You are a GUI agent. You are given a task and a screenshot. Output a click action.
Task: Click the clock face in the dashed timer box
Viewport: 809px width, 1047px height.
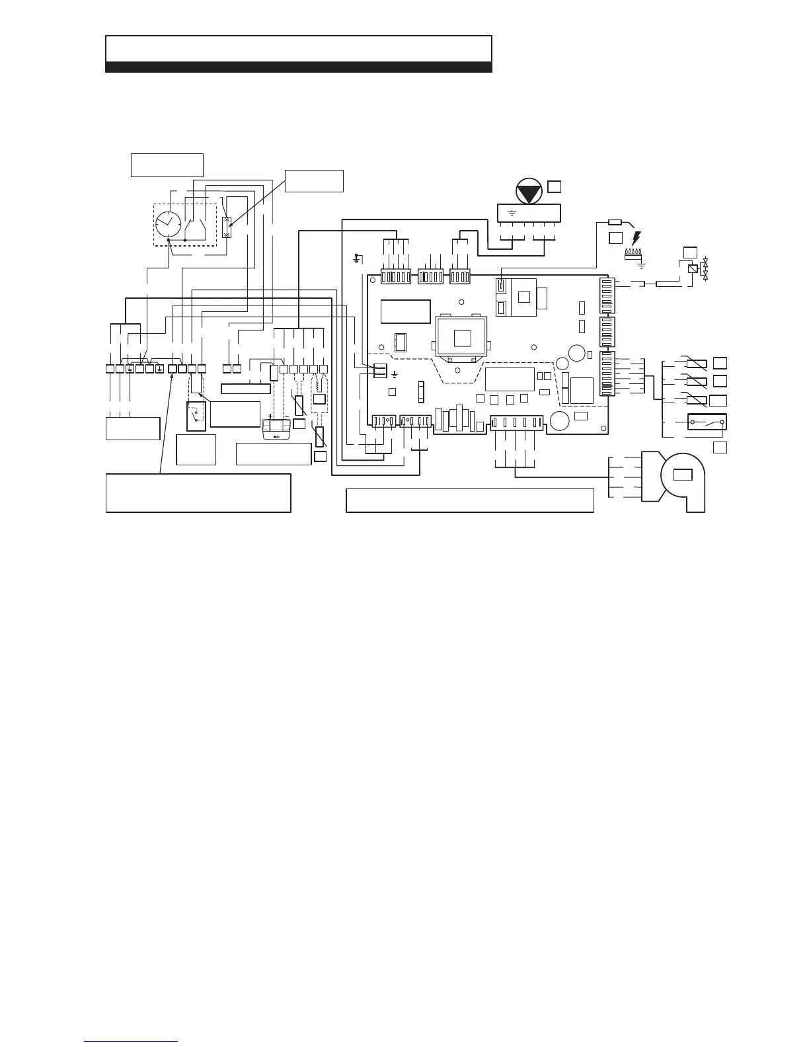[x=169, y=225]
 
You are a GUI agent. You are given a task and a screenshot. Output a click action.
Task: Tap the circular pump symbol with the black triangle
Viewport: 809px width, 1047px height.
[x=527, y=192]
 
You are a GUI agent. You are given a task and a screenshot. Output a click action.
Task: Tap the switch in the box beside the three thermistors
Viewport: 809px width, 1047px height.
[x=707, y=421]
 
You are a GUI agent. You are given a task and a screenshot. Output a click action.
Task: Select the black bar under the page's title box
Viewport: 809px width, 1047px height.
[x=299, y=67]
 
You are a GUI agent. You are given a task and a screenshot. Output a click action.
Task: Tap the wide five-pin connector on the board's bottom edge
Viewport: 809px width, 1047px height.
[x=516, y=423]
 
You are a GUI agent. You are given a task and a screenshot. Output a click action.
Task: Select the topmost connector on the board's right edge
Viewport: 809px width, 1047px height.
[x=607, y=295]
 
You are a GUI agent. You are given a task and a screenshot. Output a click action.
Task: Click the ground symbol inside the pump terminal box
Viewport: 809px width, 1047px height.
[x=512, y=213]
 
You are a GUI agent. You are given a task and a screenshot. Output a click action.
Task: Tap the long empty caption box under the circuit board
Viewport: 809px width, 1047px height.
[x=470, y=500]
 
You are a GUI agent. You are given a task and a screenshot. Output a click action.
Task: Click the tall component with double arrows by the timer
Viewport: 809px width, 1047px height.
[x=227, y=227]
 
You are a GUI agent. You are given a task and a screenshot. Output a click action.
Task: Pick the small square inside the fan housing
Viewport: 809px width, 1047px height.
[x=682, y=474]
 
